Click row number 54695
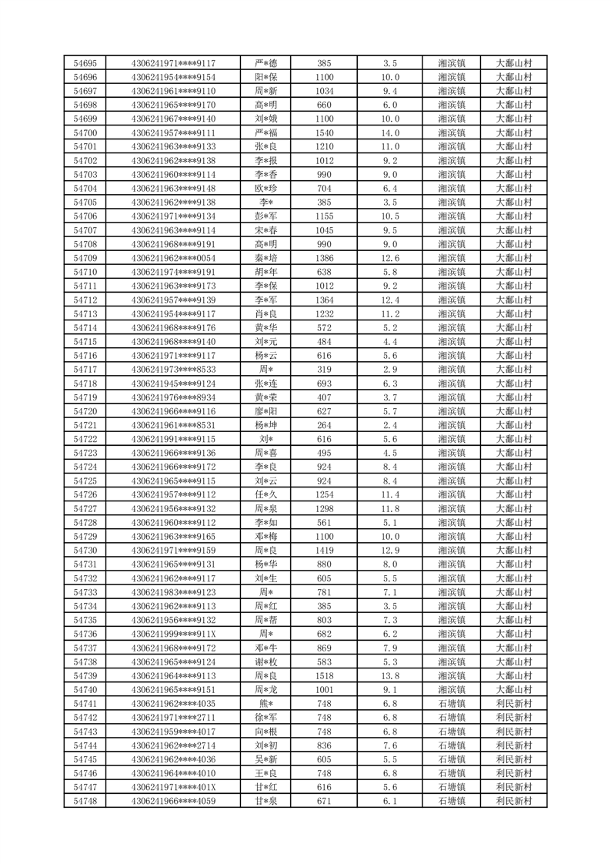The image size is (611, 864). pyautogui.click(x=85, y=63)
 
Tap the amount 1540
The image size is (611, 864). pyautogui.click(x=324, y=132)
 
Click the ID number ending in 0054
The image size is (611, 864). pyautogui.click(x=173, y=258)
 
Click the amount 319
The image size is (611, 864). pyautogui.click(x=324, y=370)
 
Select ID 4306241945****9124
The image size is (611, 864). pyautogui.click(x=173, y=383)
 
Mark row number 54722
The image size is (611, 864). pyautogui.click(x=85, y=439)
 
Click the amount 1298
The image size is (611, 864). pyautogui.click(x=324, y=509)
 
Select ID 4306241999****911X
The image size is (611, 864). pyautogui.click(x=173, y=634)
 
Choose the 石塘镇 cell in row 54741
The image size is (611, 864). pyautogui.click(x=451, y=704)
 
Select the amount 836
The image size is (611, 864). pyautogui.click(x=324, y=745)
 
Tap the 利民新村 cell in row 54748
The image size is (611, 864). pyautogui.click(x=514, y=802)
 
